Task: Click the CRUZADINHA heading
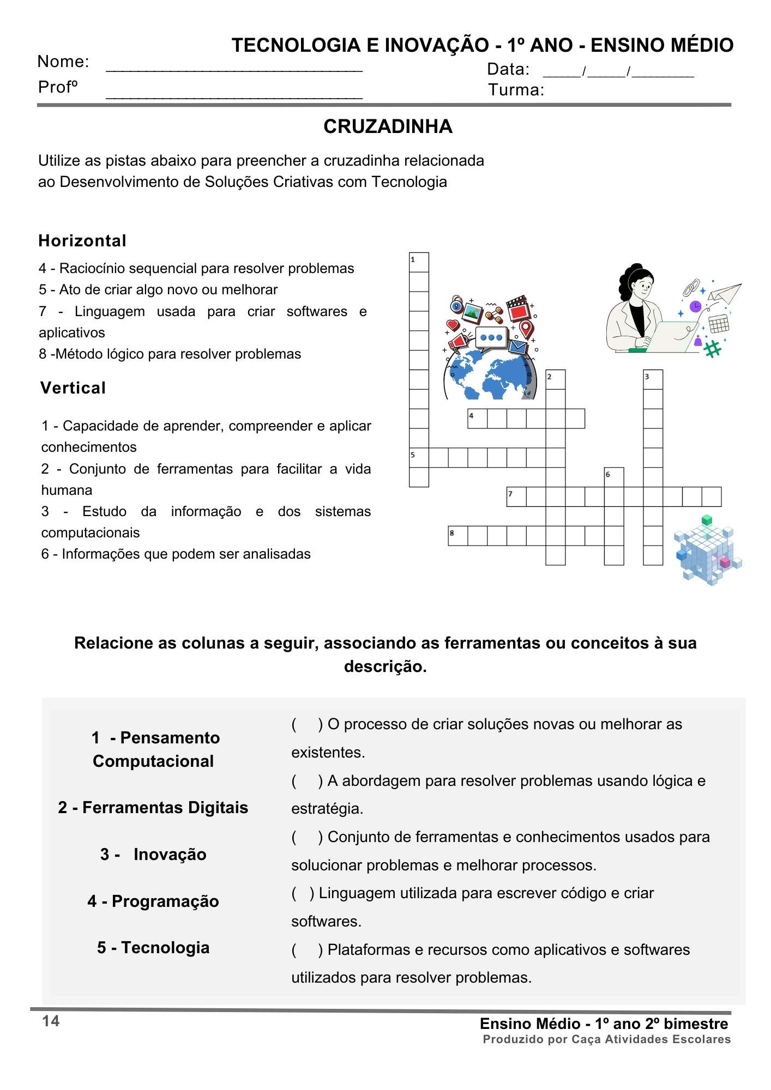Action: [388, 126]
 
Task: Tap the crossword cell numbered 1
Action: [419, 262]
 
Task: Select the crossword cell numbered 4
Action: [477, 419]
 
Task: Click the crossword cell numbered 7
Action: [516, 496]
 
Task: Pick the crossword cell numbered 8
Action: [457, 536]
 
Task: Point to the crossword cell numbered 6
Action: [614, 477]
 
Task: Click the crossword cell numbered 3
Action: [653, 379]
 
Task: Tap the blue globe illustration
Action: [490, 376]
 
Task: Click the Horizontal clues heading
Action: [82, 241]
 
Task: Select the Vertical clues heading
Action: [73, 388]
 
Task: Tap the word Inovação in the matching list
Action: [170, 854]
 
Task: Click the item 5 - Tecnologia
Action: [153, 947]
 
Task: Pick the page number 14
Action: [51, 1021]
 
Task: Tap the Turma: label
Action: [516, 90]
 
